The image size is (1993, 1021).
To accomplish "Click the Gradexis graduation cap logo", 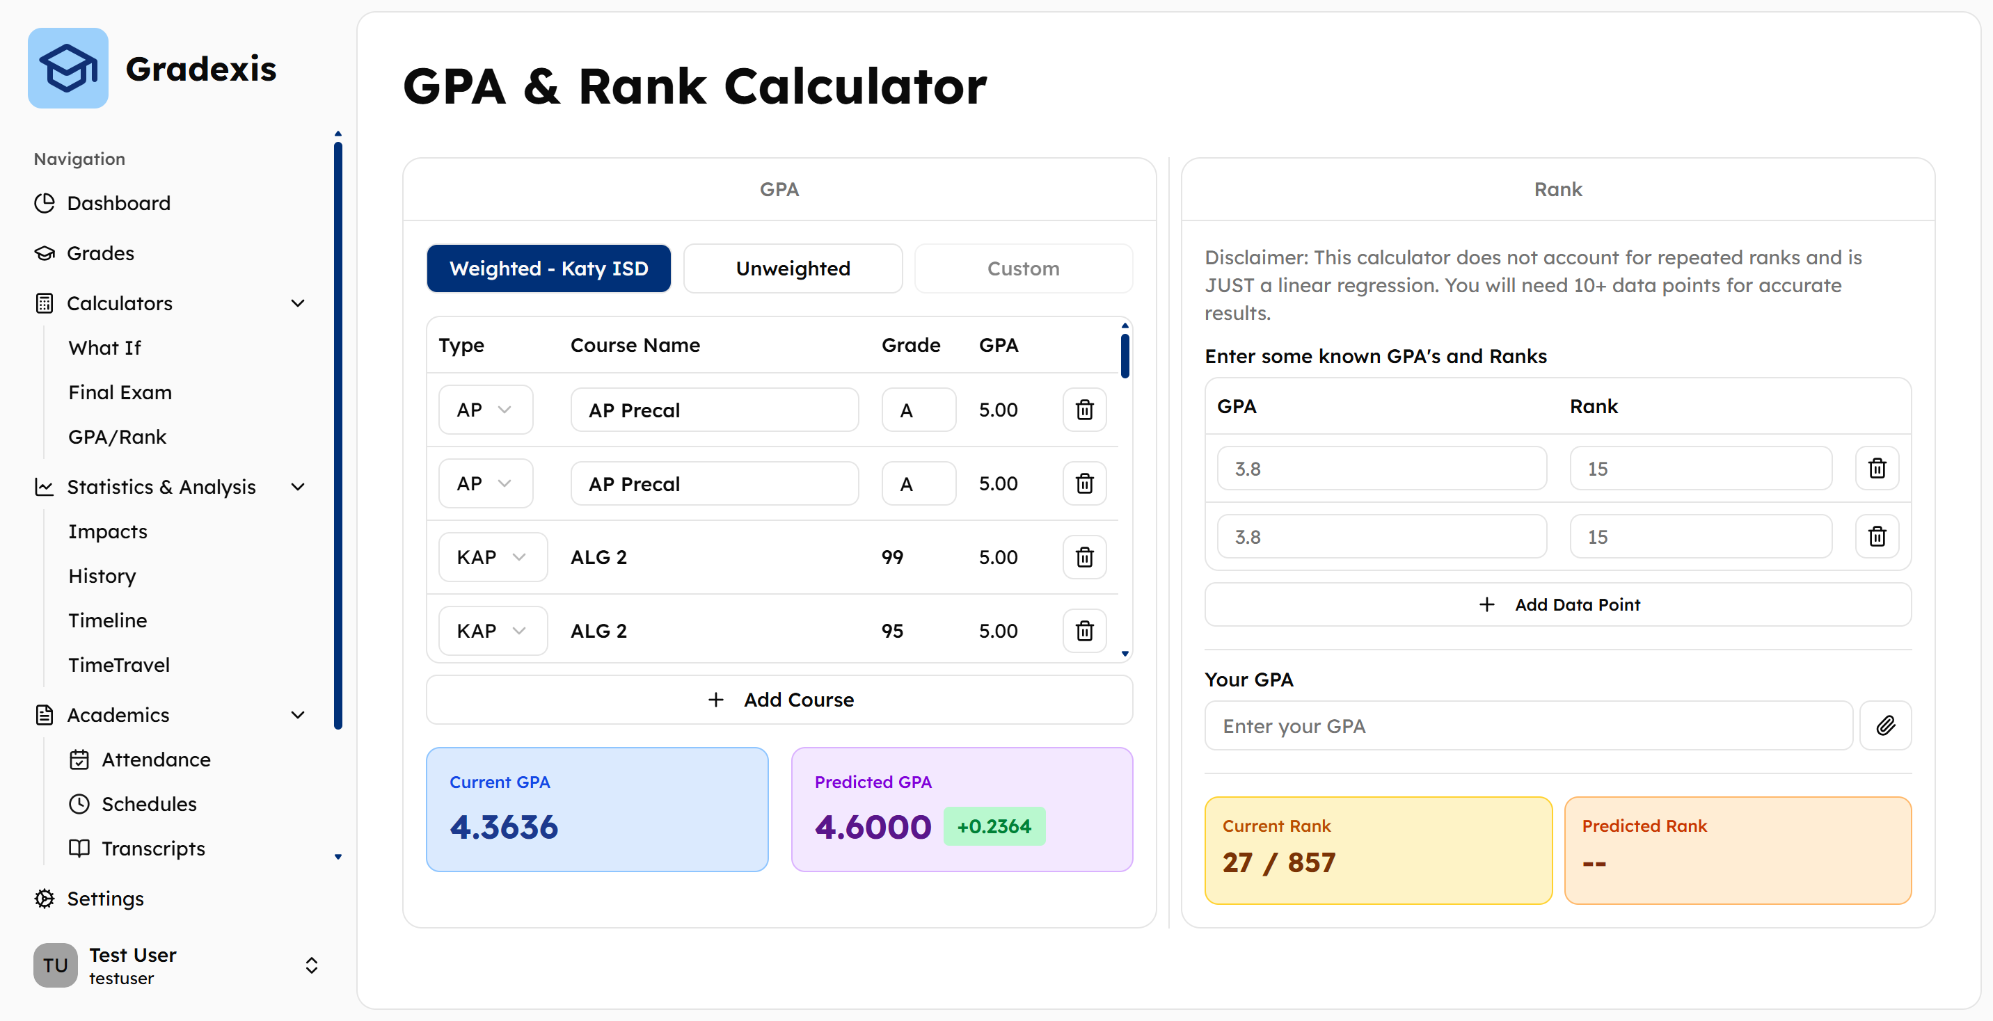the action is click(x=68, y=68).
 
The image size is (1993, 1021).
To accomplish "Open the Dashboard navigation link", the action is click(x=118, y=202).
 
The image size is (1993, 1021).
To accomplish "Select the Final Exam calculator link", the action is click(x=120, y=392).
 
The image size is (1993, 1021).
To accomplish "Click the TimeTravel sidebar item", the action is click(x=118, y=664).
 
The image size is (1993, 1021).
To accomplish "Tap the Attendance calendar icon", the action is click(x=79, y=759).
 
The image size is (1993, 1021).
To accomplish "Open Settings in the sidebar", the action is click(x=105, y=898).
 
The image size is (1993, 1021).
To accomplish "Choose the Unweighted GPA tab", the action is click(x=793, y=268).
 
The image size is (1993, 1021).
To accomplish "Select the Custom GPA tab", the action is click(x=1023, y=268).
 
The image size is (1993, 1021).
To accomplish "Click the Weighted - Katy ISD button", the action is click(x=548, y=268).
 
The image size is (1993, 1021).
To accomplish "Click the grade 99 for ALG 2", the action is click(x=892, y=557).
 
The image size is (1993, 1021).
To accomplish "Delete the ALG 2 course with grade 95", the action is click(x=1085, y=630).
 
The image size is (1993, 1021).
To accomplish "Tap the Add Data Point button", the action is click(x=1557, y=604).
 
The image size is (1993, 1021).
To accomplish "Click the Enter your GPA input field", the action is click(x=1528, y=725).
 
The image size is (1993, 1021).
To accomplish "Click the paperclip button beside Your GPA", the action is click(x=1885, y=725).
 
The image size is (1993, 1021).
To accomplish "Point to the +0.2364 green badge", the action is click(x=994, y=826).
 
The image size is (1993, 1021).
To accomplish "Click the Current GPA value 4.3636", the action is click(x=504, y=827).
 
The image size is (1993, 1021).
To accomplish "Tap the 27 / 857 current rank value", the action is click(x=1279, y=862).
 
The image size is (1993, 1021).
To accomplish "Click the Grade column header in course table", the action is click(x=911, y=345).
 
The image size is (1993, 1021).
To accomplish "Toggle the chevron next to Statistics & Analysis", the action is click(x=298, y=487).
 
